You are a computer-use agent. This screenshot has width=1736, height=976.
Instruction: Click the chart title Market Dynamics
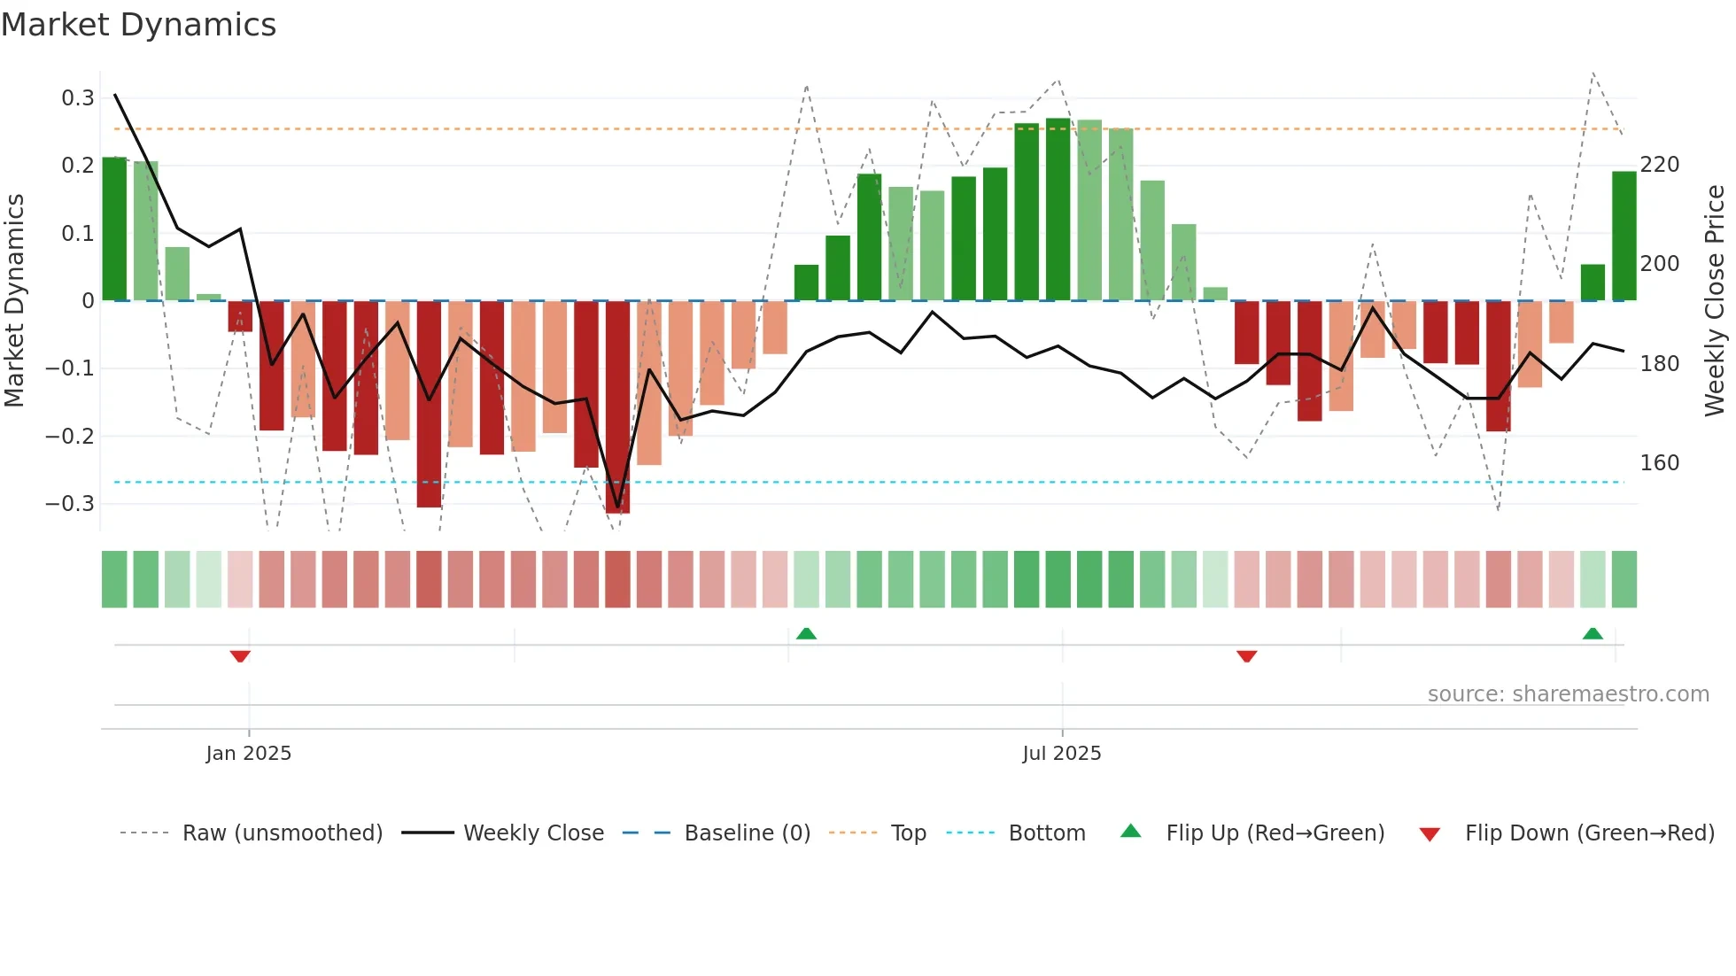tap(138, 25)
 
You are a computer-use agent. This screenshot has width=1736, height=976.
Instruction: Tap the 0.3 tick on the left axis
tap(78, 97)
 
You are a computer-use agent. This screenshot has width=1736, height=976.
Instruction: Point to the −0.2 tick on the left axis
tap(70, 436)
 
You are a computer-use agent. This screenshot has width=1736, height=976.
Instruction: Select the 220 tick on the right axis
tap(1660, 165)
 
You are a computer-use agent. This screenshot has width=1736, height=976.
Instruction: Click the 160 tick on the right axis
tap(1660, 463)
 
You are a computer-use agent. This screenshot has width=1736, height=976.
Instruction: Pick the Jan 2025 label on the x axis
tap(248, 753)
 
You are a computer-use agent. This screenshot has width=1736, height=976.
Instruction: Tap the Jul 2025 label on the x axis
tap(1061, 753)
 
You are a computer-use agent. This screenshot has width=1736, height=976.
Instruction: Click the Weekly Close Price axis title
tap(1715, 301)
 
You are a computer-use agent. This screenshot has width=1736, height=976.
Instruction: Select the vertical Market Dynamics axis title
tap(14, 301)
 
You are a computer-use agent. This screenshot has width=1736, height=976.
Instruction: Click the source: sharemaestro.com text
tap(1568, 694)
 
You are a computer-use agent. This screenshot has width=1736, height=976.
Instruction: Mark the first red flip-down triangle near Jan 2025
tap(240, 656)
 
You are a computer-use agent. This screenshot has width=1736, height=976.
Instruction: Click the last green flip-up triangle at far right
tap(1593, 633)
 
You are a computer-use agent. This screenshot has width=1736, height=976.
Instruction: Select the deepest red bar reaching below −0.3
tap(618, 407)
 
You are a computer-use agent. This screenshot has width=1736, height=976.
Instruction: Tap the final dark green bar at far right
tap(1624, 236)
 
